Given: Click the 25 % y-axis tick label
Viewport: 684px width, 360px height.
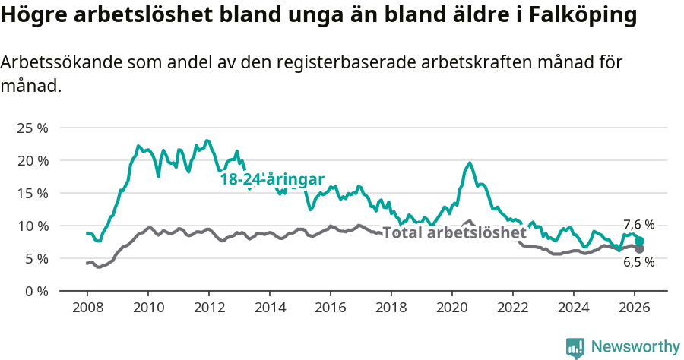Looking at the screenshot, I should (x=32, y=128).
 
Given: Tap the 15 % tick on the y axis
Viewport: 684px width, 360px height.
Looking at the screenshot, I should (x=32, y=193).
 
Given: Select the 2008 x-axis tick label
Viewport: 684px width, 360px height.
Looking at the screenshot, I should (x=87, y=307).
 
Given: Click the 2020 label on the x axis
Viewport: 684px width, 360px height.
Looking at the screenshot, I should (x=452, y=307).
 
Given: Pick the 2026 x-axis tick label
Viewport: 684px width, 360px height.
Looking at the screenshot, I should (x=635, y=307).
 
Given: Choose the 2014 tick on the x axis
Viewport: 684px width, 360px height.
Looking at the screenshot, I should (x=270, y=307).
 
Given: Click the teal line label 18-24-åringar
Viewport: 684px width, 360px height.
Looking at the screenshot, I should (x=272, y=180).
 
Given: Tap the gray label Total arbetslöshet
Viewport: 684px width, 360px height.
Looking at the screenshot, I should (x=454, y=232).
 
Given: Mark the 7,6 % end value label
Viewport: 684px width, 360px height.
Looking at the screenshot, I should (x=638, y=225).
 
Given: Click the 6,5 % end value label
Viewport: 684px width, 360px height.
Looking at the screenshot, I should (x=638, y=262).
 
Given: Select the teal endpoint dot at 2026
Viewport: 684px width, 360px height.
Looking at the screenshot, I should (x=640, y=241).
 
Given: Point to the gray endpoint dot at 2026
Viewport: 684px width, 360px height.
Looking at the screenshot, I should (x=640, y=249).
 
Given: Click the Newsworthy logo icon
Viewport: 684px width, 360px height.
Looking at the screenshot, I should (x=575, y=347).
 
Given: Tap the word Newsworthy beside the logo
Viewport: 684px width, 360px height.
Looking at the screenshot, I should (x=635, y=347).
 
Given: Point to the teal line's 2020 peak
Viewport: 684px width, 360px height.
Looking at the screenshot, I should (x=470, y=163).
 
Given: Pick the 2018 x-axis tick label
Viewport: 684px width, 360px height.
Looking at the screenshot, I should (x=391, y=307).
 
